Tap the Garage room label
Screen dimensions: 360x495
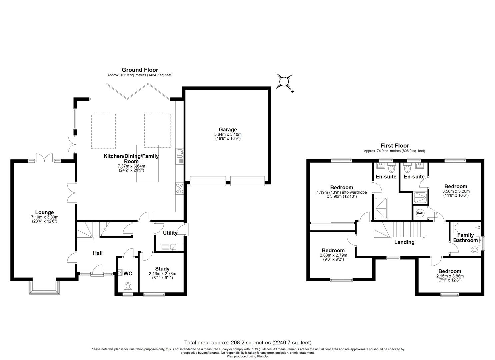point(228,130)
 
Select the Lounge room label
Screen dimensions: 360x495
point(44,212)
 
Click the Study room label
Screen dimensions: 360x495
point(162,269)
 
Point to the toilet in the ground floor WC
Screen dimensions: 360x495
point(128,286)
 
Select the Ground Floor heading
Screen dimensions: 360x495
point(140,70)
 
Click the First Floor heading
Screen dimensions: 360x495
point(395,146)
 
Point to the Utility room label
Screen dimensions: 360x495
point(170,233)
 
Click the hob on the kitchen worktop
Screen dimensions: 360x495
point(179,188)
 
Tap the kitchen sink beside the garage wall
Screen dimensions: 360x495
point(179,153)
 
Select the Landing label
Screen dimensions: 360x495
point(404,242)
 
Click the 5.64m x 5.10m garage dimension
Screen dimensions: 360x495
point(228,134)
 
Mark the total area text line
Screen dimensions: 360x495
point(248,342)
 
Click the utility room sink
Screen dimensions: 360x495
point(173,247)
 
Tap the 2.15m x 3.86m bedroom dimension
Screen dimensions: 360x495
point(450,276)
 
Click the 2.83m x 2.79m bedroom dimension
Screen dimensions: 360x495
point(333,255)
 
